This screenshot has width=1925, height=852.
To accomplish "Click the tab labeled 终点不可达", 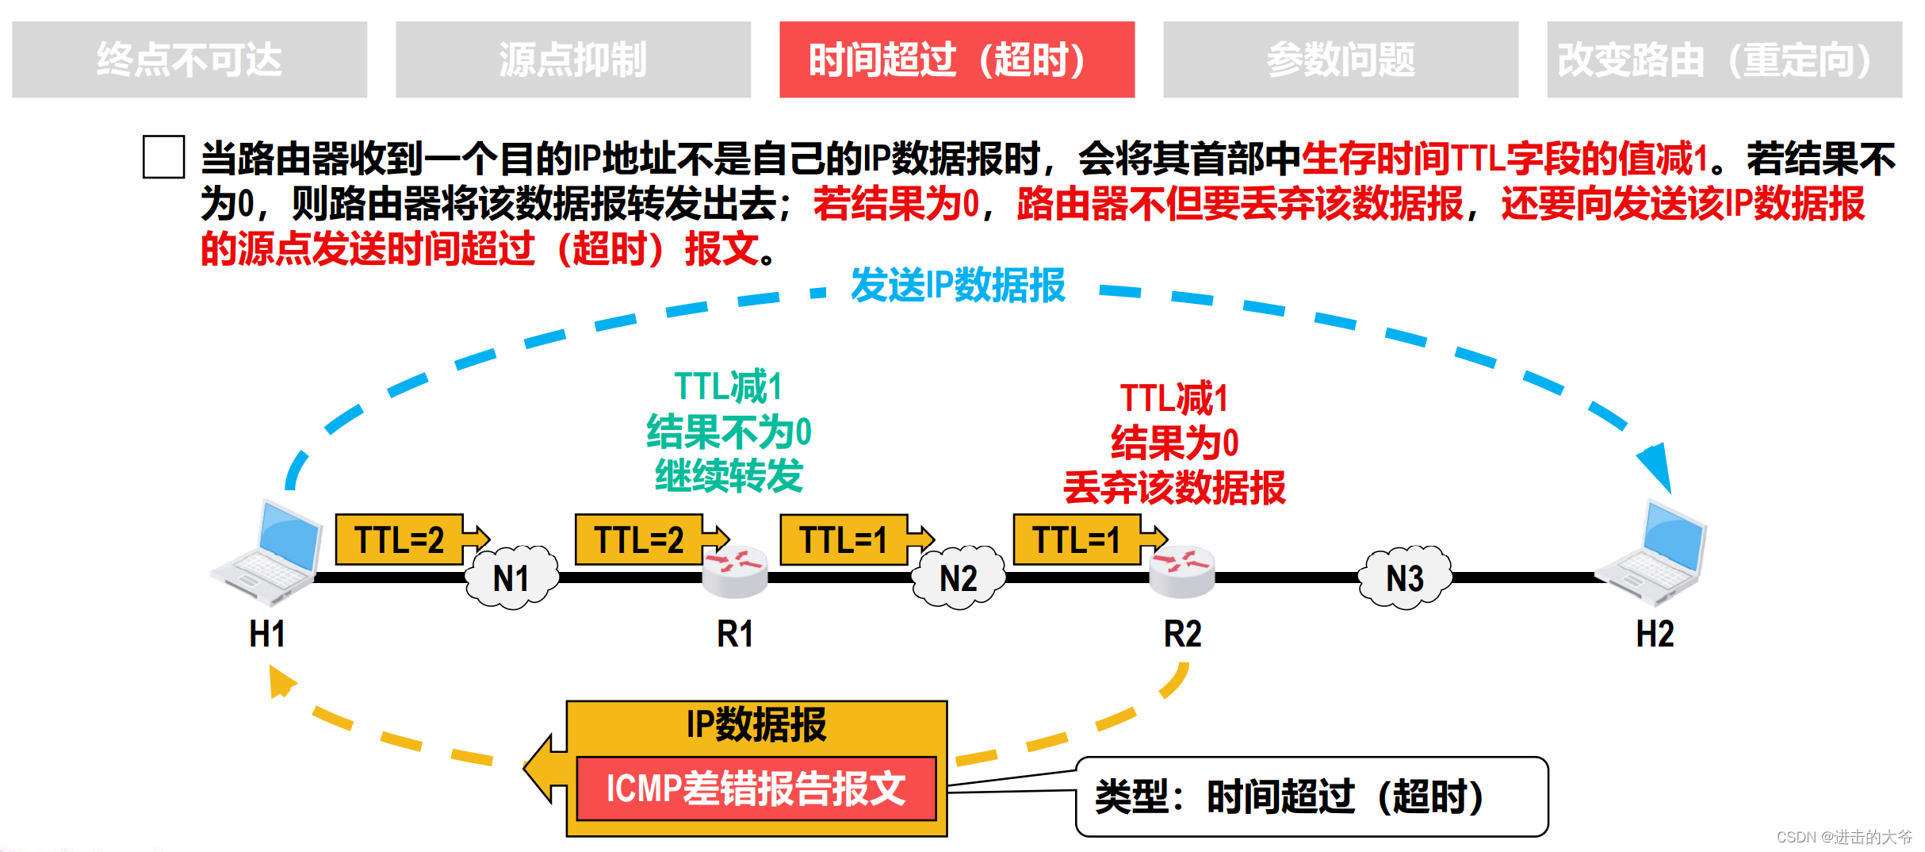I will (x=189, y=59).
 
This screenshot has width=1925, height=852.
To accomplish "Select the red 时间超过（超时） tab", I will (x=956, y=59).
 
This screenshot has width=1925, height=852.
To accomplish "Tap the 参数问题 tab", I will (x=1340, y=59).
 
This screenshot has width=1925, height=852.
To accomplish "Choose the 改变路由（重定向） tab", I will (x=1724, y=59).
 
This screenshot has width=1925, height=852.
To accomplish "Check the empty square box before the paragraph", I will (x=163, y=157).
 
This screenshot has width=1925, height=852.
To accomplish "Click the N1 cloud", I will (x=511, y=578).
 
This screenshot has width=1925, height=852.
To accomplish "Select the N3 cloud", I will (x=1404, y=578).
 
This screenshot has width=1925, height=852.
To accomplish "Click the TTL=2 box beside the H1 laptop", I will (x=400, y=539).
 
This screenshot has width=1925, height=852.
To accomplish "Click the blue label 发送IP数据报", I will (x=958, y=286).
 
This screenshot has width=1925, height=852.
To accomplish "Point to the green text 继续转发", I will (x=729, y=476).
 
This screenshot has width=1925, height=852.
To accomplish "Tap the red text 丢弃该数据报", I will (x=1174, y=487).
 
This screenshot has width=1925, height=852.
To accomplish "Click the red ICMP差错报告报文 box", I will (x=756, y=789).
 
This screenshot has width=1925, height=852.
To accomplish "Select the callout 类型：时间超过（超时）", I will (x=1311, y=796).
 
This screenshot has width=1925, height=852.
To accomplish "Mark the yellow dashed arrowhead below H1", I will (x=280, y=681).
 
